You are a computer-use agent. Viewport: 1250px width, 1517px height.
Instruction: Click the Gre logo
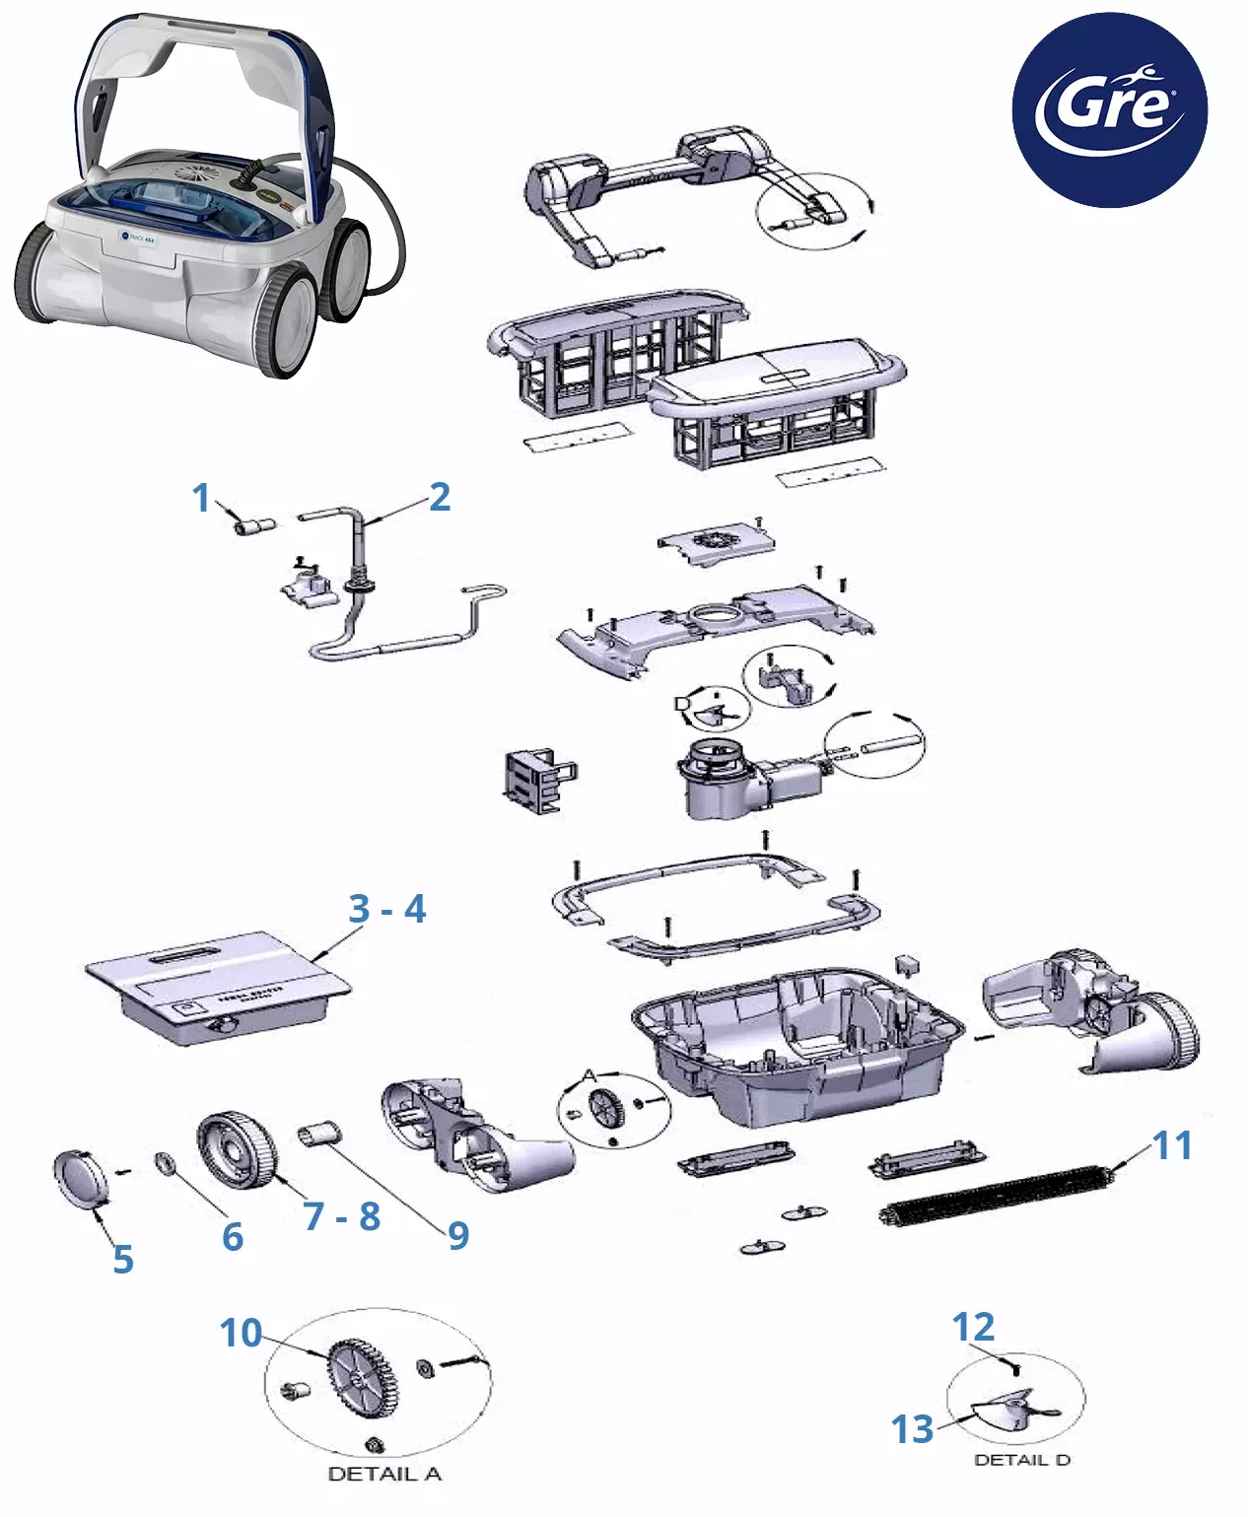[1109, 109]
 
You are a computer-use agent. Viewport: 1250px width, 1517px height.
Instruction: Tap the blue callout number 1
[202, 498]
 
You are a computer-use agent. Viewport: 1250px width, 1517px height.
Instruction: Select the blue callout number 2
[440, 497]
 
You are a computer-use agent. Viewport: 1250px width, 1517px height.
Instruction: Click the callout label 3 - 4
[386, 909]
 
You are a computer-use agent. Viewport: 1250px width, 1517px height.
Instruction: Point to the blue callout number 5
[122, 1259]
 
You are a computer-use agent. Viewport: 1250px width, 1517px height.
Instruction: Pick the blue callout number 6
[233, 1236]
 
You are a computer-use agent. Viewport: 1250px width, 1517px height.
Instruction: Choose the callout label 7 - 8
[341, 1216]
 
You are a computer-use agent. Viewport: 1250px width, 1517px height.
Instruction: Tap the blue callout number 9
[458, 1235]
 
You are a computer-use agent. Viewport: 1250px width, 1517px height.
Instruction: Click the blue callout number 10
[241, 1333]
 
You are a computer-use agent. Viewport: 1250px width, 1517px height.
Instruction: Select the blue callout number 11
[1172, 1145]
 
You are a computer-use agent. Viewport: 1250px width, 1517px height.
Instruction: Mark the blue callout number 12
[973, 1327]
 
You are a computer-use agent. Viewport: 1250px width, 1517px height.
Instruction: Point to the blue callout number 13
[912, 1428]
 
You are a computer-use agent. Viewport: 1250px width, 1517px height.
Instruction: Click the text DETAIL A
[384, 1474]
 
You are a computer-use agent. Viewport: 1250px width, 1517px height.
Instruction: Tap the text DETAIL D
[1021, 1460]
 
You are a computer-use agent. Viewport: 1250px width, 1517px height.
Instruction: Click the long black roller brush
[996, 1195]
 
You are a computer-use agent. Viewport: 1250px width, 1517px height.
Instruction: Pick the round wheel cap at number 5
[79, 1178]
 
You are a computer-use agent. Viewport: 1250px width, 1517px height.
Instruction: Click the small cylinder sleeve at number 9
[319, 1134]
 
